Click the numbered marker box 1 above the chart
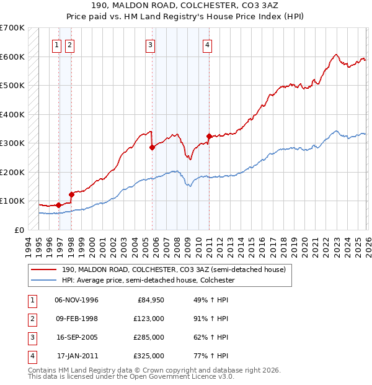[56, 45]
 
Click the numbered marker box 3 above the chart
[150, 45]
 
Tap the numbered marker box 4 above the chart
[207, 45]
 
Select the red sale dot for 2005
[152, 148]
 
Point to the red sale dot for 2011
[209, 136]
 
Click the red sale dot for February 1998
[71, 194]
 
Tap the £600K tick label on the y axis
[12, 57]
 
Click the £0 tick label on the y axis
[19, 230]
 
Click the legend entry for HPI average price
[147, 280]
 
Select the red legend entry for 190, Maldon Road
[174, 269]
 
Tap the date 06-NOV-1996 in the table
[76, 300]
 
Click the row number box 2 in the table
[31, 319]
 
